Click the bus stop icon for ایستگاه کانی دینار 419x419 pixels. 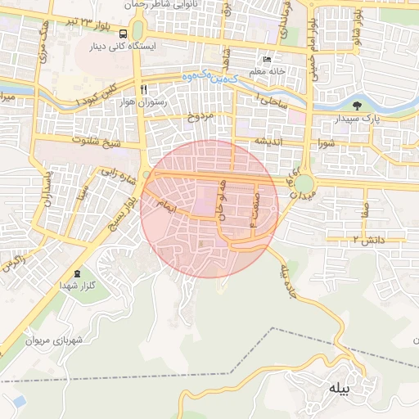tap(123, 34)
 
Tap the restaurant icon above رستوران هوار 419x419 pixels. tap(143, 89)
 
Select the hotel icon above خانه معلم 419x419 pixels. tap(267, 60)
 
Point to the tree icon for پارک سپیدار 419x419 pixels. tap(356, 106)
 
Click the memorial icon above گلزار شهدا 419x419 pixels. tap(77, 273)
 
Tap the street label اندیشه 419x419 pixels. tap(271, 141)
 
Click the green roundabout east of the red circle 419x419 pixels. tap(304, 185)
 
